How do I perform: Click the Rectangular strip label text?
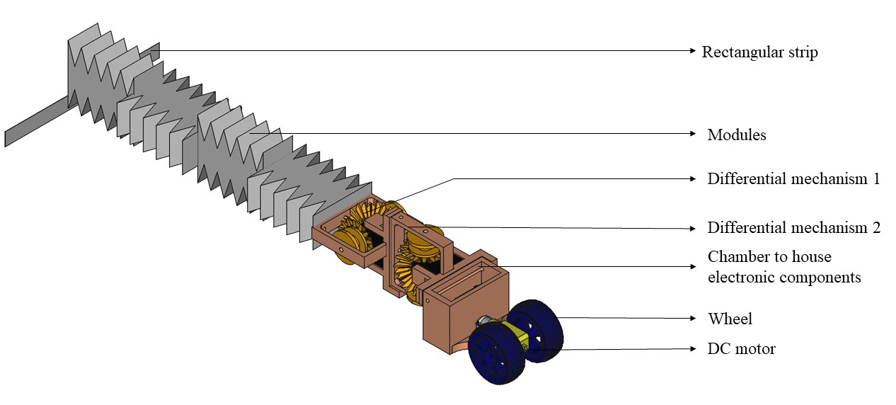[759, 52]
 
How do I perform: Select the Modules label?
[736, 135]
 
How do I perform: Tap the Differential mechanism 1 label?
[793, 179]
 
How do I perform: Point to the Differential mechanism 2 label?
[793, 228]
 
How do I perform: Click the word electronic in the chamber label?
[739, 277]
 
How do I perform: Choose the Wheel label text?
[730, 319]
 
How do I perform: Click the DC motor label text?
[741, 349]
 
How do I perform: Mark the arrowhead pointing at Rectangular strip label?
[692, 50]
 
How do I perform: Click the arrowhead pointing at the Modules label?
[692, 132]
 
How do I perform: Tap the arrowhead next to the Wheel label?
[692, 319]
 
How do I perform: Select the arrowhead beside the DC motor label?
[692, 348]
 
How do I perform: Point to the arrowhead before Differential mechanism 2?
[692, 228]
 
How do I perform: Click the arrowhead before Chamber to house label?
[692, 266]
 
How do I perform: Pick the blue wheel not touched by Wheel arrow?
[495, 354]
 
